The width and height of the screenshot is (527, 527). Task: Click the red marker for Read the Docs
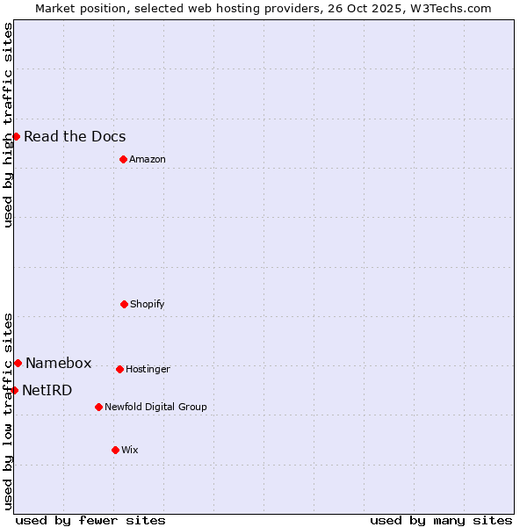click(16, 136)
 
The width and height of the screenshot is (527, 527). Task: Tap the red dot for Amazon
click(123, 159)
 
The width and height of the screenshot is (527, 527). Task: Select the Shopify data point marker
click(124, 304)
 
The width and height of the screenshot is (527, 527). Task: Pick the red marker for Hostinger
click(119, 369)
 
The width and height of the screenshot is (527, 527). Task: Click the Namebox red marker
click(18, 363)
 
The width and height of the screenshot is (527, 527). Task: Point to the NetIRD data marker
click(14, 390)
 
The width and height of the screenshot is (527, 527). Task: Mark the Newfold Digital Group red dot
click(98, 407)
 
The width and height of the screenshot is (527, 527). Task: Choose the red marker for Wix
click(115, 450)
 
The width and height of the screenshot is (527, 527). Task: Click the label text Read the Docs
click(75, 136)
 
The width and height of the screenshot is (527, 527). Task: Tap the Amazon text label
click(148, 159)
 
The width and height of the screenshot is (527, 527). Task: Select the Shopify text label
click(148, 304)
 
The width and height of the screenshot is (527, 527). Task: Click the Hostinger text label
click(148, 369)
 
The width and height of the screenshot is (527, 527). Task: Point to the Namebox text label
click(58, 363)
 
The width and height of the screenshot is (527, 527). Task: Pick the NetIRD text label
click(47, 390)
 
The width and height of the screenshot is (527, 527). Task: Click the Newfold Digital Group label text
click(155, 407)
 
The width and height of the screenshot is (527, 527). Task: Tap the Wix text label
click(130, 450)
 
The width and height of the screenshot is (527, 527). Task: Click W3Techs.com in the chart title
click(447, 8)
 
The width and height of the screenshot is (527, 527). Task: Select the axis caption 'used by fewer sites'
click(90, 520)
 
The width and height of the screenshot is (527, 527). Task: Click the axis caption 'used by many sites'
click(441, 520)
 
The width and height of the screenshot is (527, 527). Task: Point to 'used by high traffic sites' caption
click(8, 125)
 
